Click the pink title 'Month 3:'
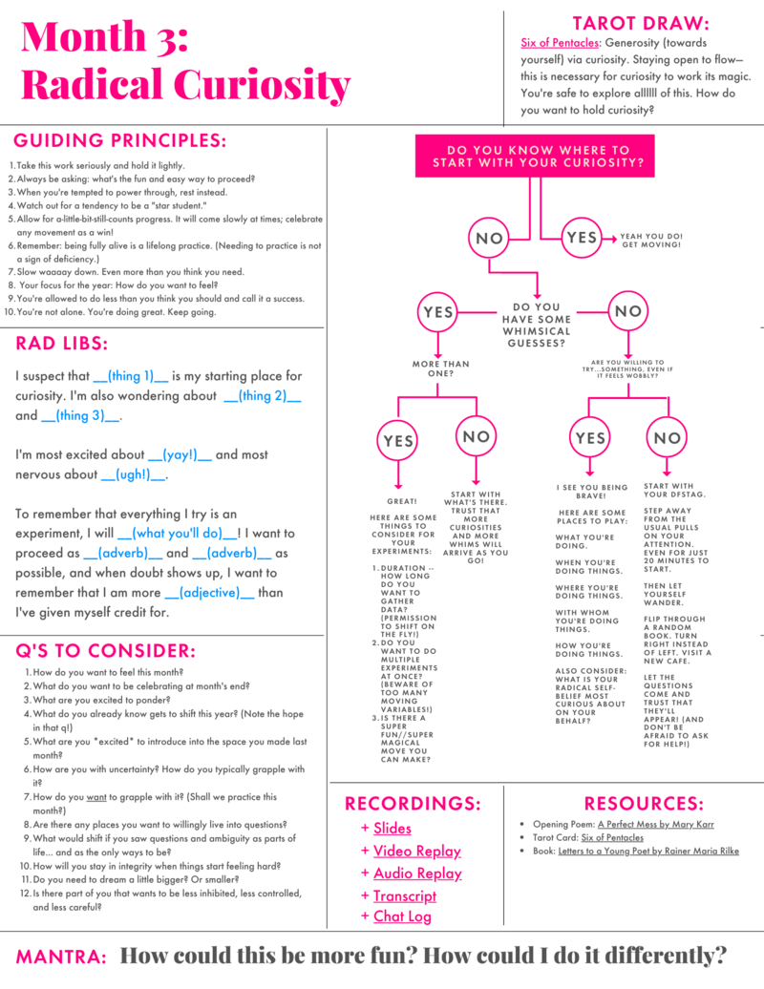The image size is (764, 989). coord(105,38)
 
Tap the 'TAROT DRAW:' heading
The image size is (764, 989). coord(640,23)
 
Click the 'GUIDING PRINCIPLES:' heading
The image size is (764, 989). coord(121,141)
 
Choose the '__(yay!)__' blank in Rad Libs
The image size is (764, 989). coord(180,454)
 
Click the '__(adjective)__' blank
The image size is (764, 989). coord(209,592)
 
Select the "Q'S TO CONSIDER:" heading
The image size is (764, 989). coord(106,651)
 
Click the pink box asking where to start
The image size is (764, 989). coord(538,157)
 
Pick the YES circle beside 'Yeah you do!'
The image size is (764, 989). coord(581,238)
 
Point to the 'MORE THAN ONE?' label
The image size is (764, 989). coord(441,368)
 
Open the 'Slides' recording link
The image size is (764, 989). coord(393,828)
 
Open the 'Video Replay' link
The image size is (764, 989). coord(416,851)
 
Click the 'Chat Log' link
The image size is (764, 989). coord(402,916)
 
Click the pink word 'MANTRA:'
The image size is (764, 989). coord(61,956)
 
